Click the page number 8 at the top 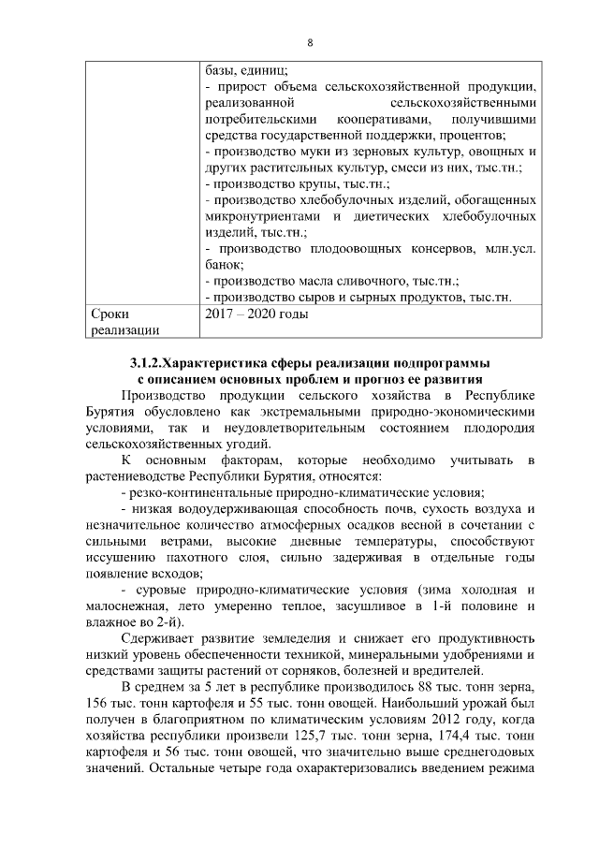point(309,42)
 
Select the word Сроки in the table point(110,314)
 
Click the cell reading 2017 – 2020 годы point(256,314)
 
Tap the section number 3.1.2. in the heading point(148,362)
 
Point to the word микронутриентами point(261,216)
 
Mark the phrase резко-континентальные point(205,492)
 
